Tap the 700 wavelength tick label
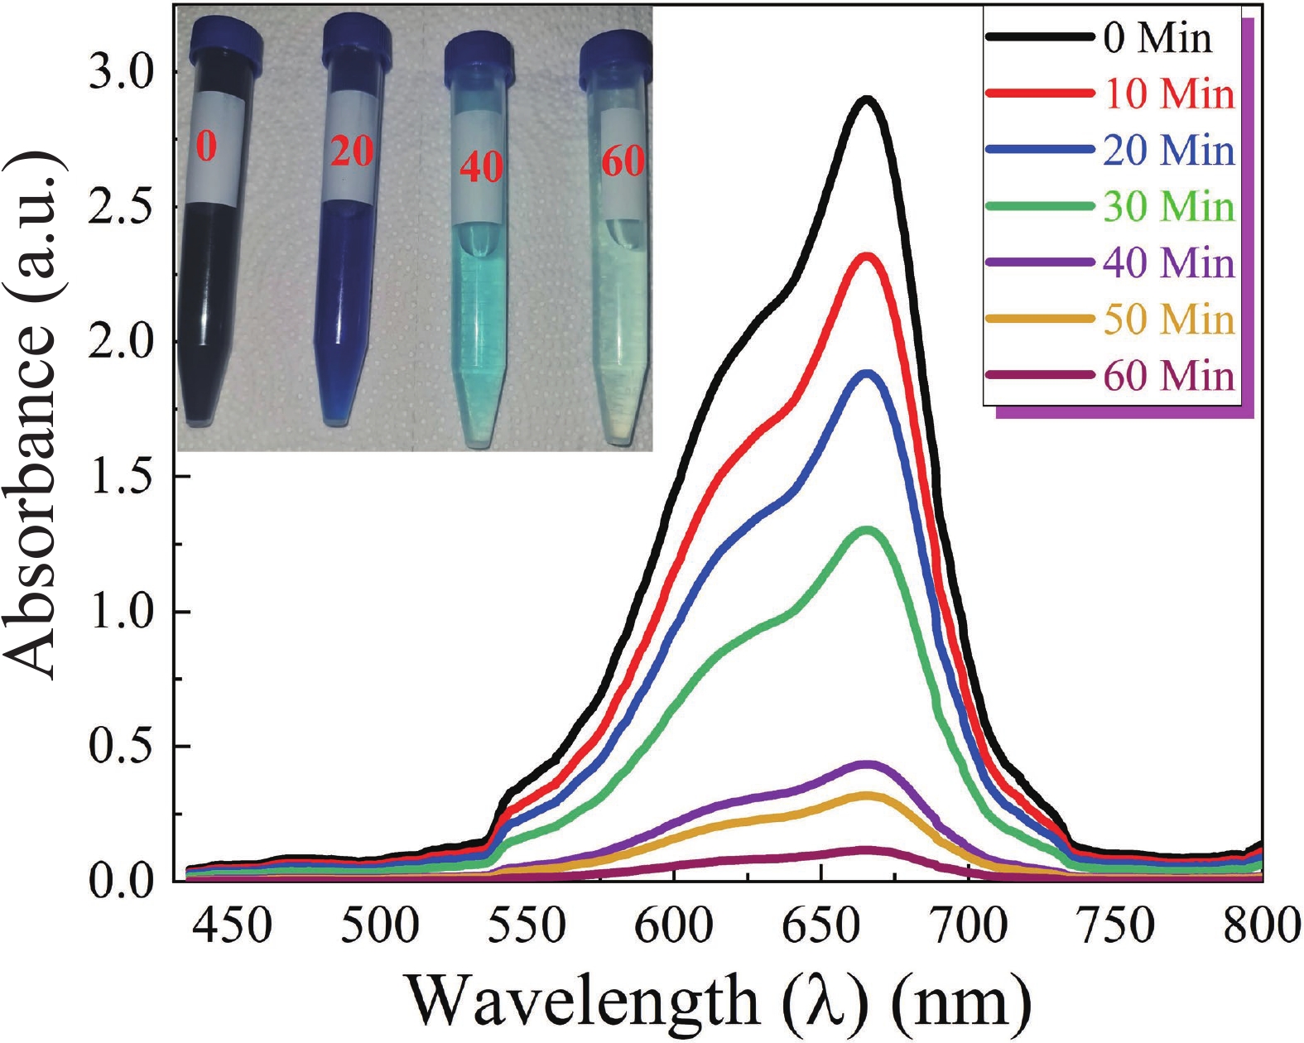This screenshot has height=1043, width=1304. pos(968,925)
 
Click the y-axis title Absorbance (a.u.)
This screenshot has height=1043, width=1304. pos(33,414)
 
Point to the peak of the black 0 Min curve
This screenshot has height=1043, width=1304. pos(867,99)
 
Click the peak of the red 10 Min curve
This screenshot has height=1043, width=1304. pos(867,257)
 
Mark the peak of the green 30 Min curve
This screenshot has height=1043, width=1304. pos(867,529)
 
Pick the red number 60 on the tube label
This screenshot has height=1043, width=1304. pos(623,160)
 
